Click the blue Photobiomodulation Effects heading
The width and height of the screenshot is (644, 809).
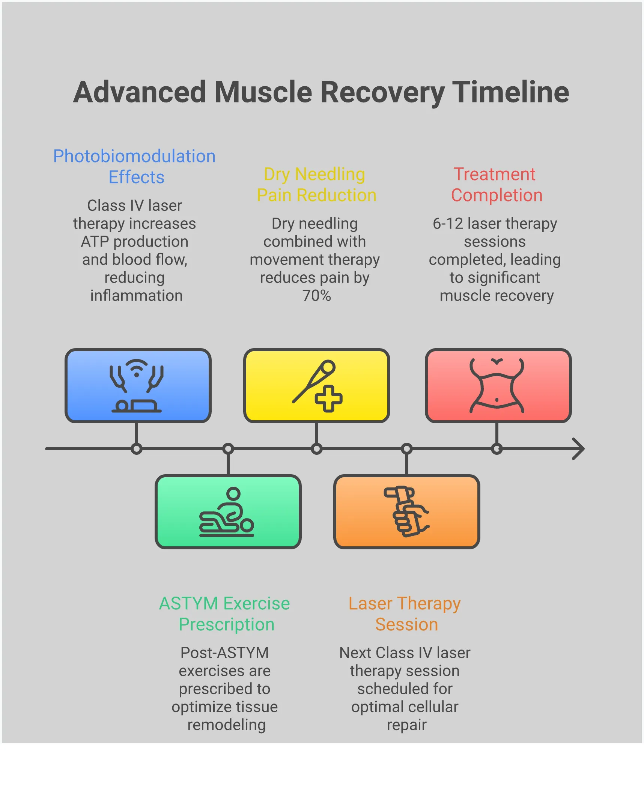(134, 166)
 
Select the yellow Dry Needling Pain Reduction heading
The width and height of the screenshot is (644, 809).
(316, 184)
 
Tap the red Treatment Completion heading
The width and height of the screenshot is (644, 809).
(496, 184)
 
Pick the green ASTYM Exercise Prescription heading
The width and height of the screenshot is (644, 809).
(225, 614)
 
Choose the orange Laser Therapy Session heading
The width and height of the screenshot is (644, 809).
(405, 614)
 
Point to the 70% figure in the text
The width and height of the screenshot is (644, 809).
(316, 296)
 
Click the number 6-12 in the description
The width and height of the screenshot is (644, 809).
(448, 224)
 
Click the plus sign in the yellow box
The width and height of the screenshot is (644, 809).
(328, 398)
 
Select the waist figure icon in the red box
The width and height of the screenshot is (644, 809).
(497, 385)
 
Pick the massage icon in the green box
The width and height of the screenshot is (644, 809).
(227, 512)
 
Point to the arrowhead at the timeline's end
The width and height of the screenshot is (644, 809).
(579, 448)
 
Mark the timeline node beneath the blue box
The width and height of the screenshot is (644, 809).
(137, 449)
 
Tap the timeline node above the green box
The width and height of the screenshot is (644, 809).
(228, 449)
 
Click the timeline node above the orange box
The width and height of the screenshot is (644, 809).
(407, 449)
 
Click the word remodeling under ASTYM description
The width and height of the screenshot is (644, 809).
(226, 725)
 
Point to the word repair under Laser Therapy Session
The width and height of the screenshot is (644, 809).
(406, 725)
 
